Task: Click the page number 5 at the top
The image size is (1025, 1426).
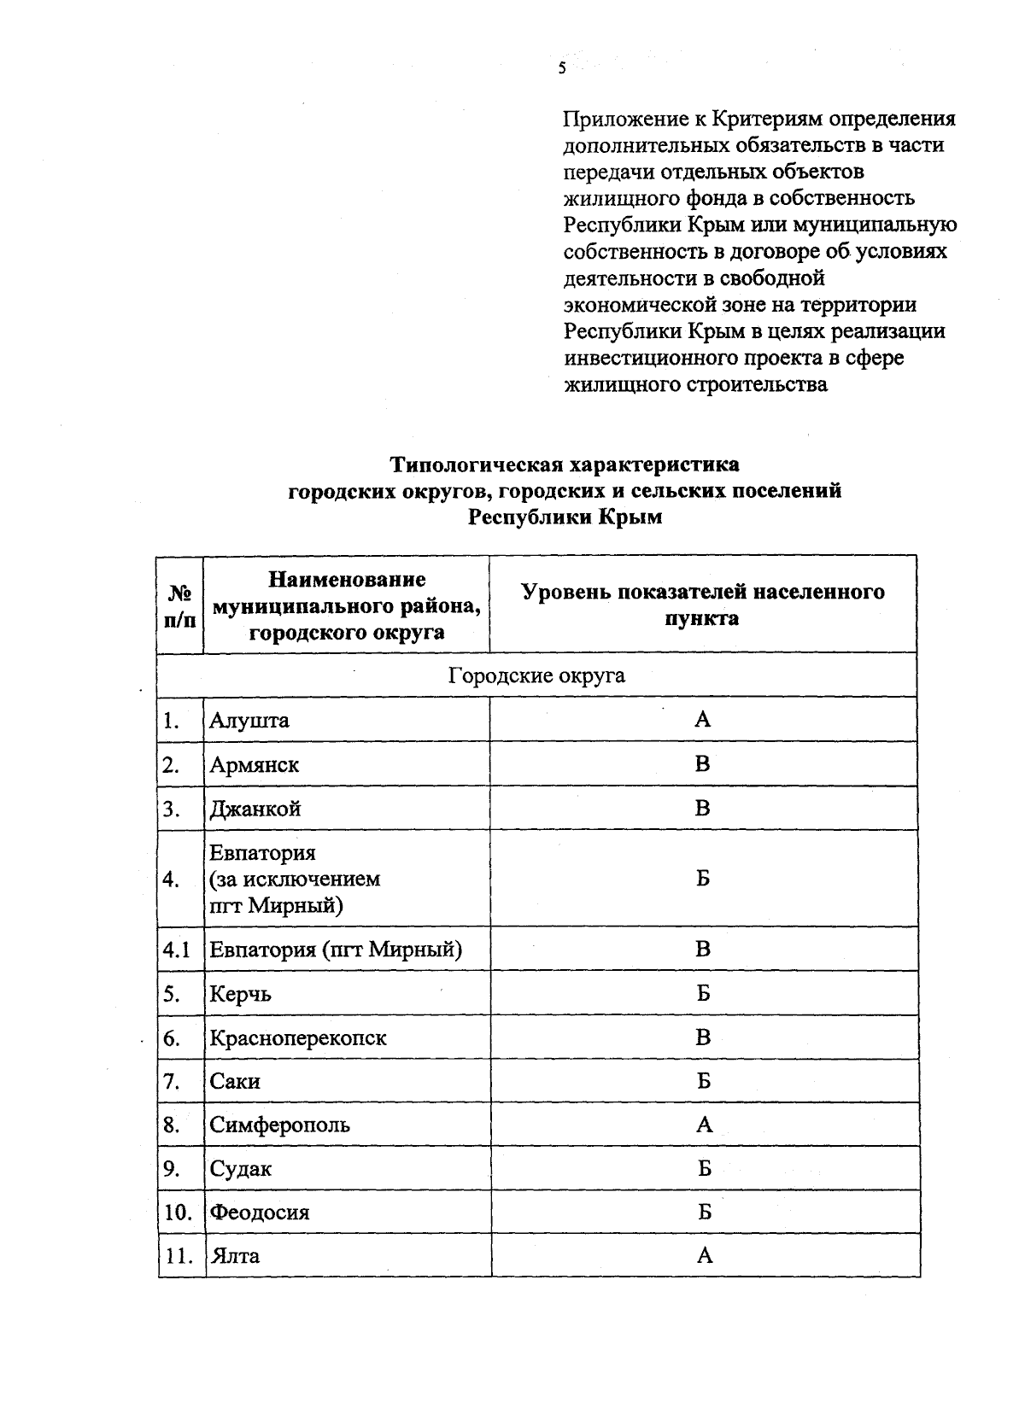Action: (x=562, y=69)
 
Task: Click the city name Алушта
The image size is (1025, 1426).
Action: (x=249, y=721)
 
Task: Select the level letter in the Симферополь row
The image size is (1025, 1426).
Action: (x=704, y=1125)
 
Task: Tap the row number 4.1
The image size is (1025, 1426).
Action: (x=177, y=950)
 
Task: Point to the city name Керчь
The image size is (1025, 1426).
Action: (x=241, y=994)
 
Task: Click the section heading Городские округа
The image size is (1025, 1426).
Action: (x=536, y=675)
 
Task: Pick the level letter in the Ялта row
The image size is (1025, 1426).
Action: (x=705, y=1255)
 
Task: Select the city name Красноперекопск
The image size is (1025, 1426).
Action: (x=298, y=1038)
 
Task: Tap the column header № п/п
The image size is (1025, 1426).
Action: (x=179, y=605)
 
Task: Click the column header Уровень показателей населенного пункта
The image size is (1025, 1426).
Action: (x=702, y=605)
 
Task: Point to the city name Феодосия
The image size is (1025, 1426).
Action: (x=260, y=1213)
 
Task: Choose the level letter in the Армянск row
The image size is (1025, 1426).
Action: (x=702, y=764)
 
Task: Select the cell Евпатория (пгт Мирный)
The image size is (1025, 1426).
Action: (x=336, y=950)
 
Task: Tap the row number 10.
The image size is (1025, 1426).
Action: (x=178, y=1213)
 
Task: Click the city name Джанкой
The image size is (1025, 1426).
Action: (x=255, y=809)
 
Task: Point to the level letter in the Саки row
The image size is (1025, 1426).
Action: (x=703, y=1081)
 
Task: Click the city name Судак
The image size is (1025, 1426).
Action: (x=241, y=1169)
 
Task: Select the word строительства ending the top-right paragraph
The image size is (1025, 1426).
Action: (x=757, y=384)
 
